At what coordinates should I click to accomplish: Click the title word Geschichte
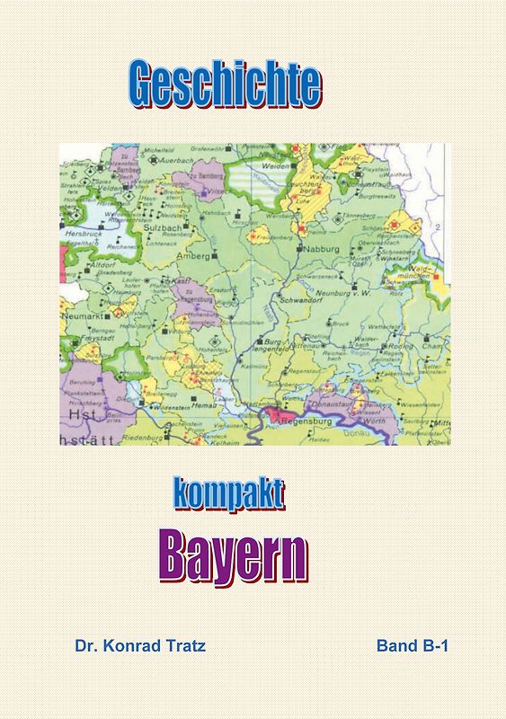pos(225,85)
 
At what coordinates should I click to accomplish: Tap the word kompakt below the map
pos(228,494)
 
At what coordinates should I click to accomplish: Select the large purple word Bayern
pos(234,554)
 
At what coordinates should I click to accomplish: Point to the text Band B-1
pos(413,645)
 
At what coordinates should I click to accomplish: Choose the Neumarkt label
pos(79,318)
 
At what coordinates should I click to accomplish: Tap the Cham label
pos(431,344)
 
